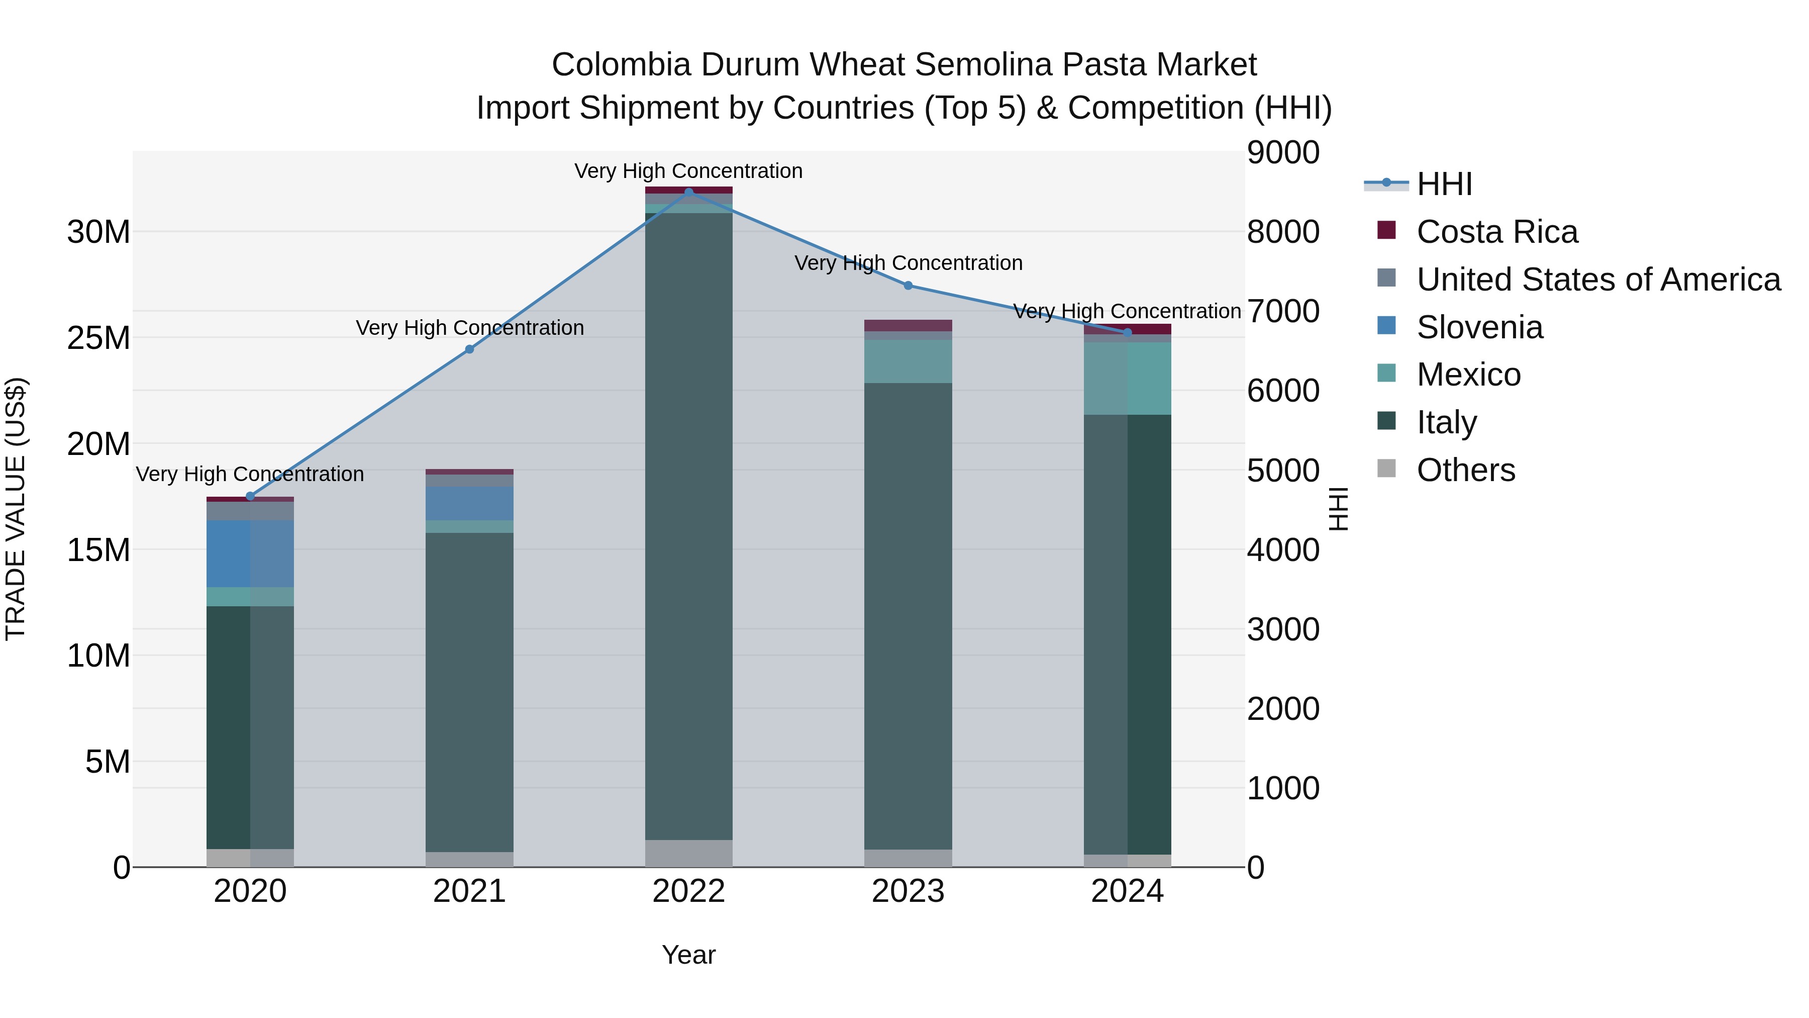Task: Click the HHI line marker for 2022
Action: pyautogui.click(x=688, y=192)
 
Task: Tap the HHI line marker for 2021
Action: pyautogui.click(x=470, y=349)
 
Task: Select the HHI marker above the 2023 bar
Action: pyautogui.click(x=908, y=285)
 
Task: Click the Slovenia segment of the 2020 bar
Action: pyautogui.click(x=250, y=553)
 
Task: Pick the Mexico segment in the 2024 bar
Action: pyautogui.click(x=1127, y=379)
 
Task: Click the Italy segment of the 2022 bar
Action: pyautogui.click(x=688, y=527)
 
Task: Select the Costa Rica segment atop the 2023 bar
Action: pyautogui.click(x=908, y=325)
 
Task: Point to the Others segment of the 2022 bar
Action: pyautogui.click(x=688, y=853)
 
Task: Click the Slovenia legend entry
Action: pyautogui.click(x=1480, y=327)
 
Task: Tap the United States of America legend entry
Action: pyautogui.click(x=1598, y=280)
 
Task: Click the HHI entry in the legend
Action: pyautogui.click(x=1444, y=184)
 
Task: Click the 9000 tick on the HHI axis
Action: pyautogui.click(x=1283, y=153)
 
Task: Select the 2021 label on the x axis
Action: pyautogui.click(x=470, y=891)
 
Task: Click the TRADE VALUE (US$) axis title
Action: pyautogui.click(x=16, y=509)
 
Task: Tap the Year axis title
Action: pyautogui.click(x=688, y=955)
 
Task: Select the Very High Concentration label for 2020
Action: pyautogui.click(x=250, y=474)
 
